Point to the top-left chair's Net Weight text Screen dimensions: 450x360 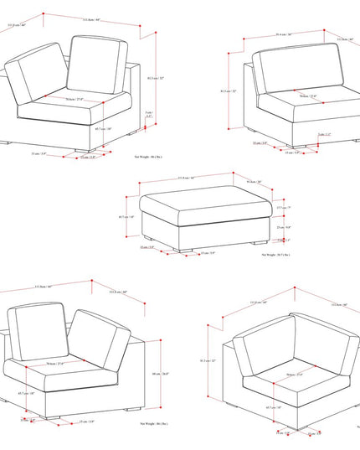[x=148, y=156]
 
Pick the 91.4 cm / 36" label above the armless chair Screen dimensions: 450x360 [x=277, y=35]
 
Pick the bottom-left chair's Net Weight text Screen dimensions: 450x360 [x=148, y=425]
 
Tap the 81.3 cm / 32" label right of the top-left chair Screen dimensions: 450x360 [x=151, y=80]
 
